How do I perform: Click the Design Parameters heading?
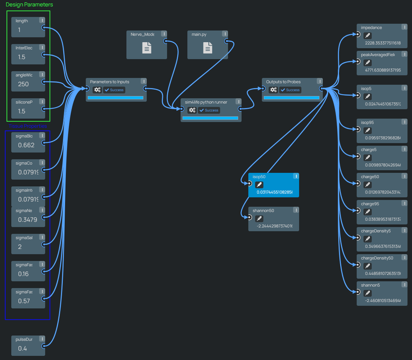coord(29,5)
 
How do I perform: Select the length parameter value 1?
coord(20,30)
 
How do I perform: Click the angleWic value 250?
coord(23,84)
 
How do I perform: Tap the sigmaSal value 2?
coord(20,247)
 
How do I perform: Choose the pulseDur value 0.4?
coord(23,348)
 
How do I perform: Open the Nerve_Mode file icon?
coord(147,48)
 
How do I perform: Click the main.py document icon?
coord(208,48)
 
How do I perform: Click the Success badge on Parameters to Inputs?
coord(114,90)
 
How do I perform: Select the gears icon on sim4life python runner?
coord(192,110)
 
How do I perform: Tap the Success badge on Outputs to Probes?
coord(290,90)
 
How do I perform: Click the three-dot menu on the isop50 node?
coord(296,176)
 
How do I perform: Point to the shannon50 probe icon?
coord(259,218)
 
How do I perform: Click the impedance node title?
coord(371,28)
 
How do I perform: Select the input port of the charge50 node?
coord(359,183)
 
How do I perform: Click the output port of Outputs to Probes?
coord(321,88)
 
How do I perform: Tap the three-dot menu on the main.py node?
coord(227,34)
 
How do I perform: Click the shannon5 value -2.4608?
coord(383,301)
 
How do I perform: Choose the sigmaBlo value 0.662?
coord(26,145)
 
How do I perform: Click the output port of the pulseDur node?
coord(44,346)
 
